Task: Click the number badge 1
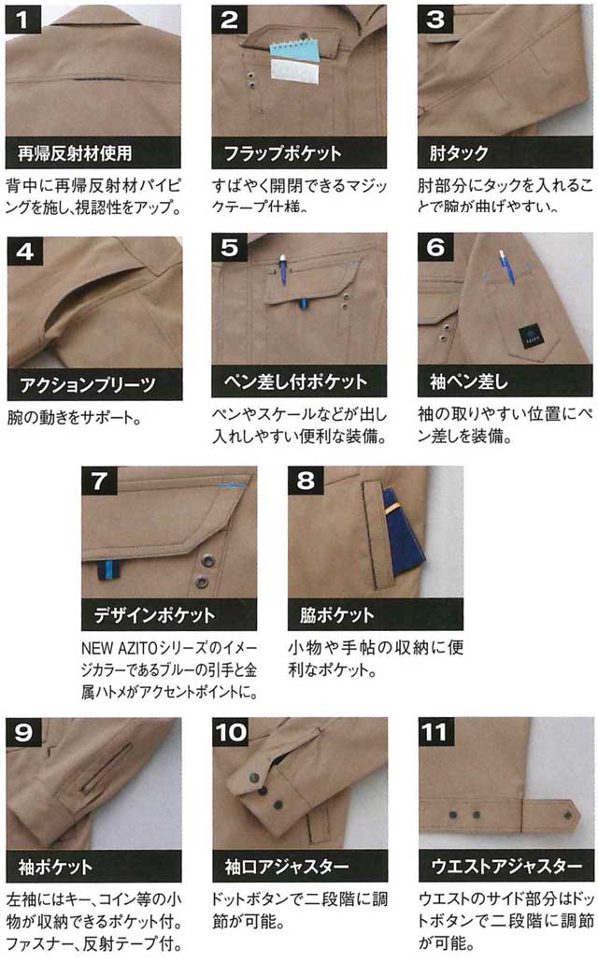(x=22, y=20)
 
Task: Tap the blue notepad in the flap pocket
(x=295, y=51)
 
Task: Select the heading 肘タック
(x=459, y=153)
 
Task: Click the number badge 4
(x=25, y=252)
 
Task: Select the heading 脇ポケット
(x=337, y=615)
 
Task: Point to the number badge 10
(x=231, y=732)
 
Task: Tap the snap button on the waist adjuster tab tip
(x=567, y=815)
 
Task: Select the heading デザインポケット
(x=154, y=615)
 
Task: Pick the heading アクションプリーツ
(x=87, y=385)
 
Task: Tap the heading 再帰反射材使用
(x=75, y=153)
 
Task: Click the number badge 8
(x=306, y=481)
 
